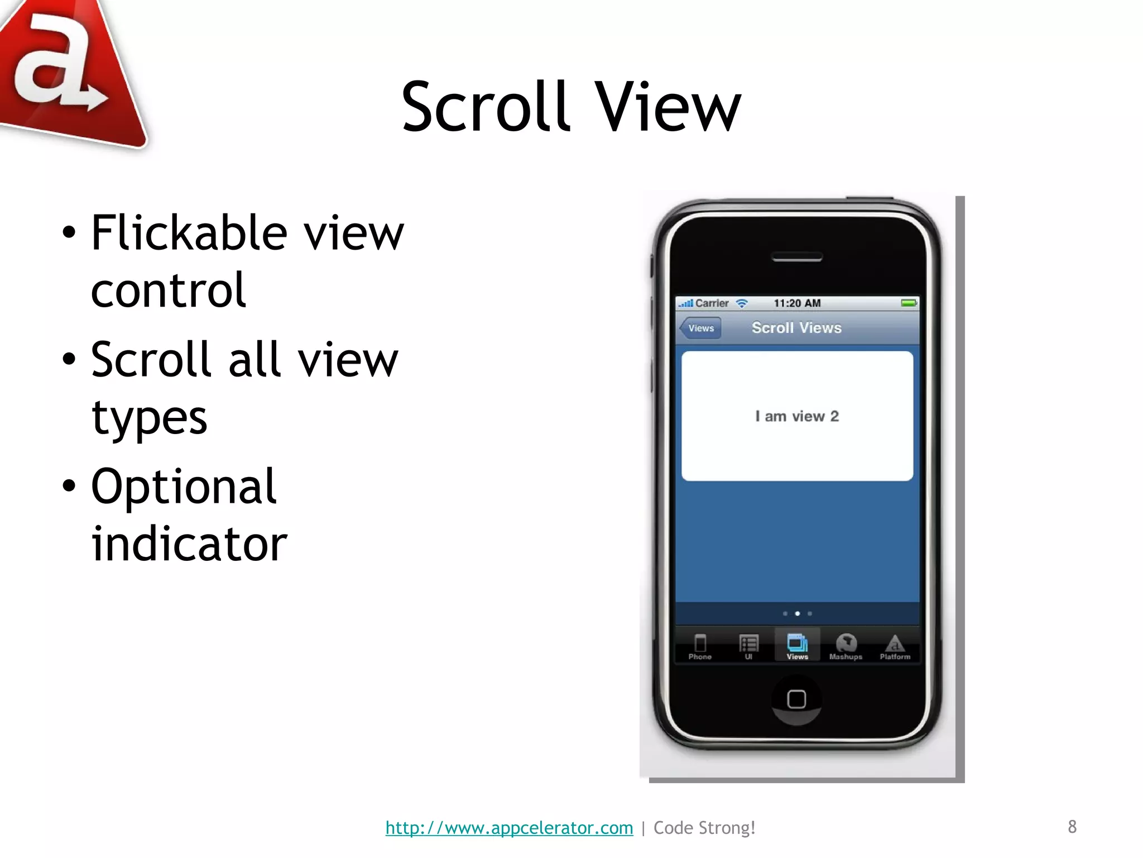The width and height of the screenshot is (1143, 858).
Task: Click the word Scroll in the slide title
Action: [x=484, y=107]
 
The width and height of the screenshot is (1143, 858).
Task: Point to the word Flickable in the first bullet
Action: [x=189, y=233]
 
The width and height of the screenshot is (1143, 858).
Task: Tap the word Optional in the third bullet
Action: [x=184, y=487]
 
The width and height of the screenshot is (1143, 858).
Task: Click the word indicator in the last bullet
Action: [x=189, y=544]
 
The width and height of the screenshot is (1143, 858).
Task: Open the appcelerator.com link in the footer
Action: [x=509, y=827]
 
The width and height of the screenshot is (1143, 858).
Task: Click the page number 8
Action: [x=1072, y=827]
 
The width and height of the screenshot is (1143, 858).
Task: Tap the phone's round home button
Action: [x=796, y=699]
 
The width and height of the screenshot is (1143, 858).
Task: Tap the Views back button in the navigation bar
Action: [x=700, y=328]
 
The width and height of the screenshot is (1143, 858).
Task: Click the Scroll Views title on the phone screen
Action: [x=796, y=328]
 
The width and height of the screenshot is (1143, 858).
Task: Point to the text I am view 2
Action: [x=797, y=416]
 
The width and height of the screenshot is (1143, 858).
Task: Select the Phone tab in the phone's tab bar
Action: [x=700, y=647]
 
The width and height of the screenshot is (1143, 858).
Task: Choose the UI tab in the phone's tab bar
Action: [x=748, y=647]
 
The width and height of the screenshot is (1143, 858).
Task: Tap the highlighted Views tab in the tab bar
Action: [x=797, y=646]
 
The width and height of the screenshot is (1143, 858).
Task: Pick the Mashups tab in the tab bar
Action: [x=846, y=647]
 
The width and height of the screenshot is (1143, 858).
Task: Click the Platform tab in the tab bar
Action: [x=895, y=647]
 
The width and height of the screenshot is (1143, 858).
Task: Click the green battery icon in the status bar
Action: [x=909, y=303]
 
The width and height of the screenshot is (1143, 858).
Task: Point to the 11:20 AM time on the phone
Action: [x=797, y=303]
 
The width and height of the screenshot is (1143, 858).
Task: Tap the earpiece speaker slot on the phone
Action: [x=796, y=258]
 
